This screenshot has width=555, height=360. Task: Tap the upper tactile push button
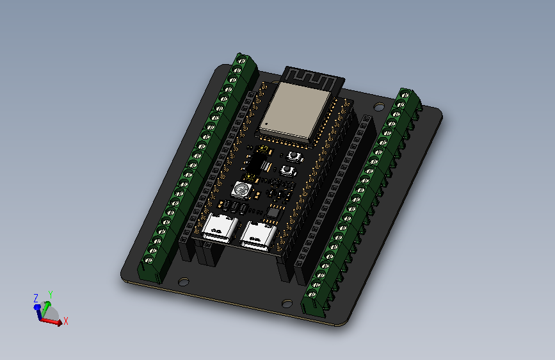click(x=295, y=156)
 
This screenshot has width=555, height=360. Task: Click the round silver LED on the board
click(x=241, y=189)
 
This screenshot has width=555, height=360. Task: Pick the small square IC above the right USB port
click(x=273, y=211)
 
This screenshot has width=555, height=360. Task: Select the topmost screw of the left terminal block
click(x=242, y=61)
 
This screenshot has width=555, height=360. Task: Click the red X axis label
click(x=66, y=320)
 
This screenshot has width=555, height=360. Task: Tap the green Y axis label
click(x=50, y=293)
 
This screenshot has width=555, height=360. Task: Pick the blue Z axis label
click(x=36, y=297)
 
